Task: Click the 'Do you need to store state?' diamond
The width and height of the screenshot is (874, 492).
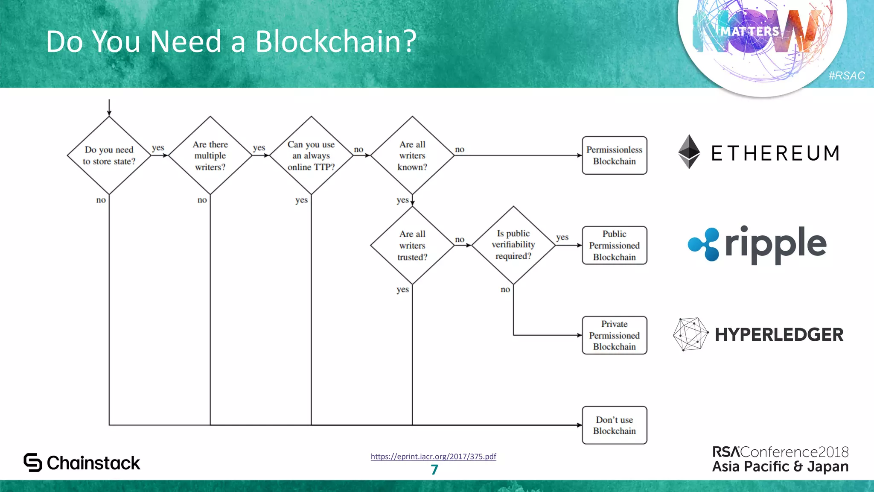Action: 109,155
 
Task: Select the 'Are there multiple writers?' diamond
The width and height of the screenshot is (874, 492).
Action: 210,155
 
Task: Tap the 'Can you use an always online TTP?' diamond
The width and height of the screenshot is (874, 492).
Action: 311,155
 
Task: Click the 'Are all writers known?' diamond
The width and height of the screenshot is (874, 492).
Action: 412,155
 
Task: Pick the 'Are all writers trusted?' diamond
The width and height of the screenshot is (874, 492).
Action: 412,246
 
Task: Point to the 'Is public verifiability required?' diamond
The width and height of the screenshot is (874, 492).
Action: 513,245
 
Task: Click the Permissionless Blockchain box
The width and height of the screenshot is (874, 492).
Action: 614,155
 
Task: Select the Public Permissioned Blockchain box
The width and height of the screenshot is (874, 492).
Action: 614,246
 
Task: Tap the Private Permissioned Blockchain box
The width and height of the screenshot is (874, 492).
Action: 614,335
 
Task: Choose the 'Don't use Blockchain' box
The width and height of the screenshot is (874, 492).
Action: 614,425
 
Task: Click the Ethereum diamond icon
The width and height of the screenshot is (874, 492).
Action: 689,152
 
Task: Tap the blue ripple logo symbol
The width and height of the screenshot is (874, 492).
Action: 703,244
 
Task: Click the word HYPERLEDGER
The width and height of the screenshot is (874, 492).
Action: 779,335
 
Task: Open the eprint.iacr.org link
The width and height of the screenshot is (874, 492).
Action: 433,457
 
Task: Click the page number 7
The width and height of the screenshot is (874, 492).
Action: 434,470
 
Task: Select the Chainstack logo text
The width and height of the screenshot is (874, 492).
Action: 93,463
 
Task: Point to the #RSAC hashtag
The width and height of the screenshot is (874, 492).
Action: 846,76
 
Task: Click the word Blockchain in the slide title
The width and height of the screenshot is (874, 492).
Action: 335,42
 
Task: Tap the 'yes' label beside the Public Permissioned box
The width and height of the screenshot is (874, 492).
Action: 562,237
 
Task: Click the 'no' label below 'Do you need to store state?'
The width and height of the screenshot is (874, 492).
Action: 101,200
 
